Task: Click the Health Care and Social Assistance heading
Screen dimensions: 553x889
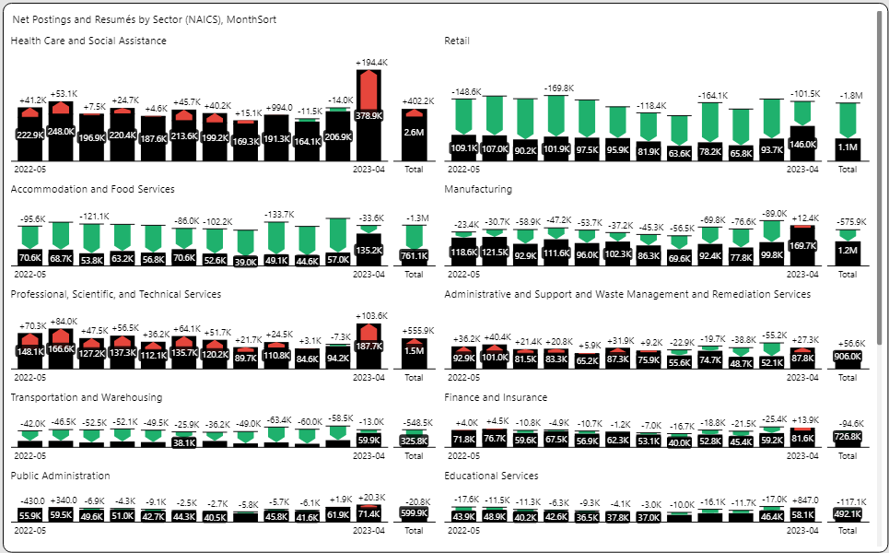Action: click(88, 41)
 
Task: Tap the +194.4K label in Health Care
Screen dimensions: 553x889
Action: click(371, 63)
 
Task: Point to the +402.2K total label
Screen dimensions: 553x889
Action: click(414, 101)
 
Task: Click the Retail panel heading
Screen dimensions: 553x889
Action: click(457, 41)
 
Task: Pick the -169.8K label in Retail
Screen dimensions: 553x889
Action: click(557, 88)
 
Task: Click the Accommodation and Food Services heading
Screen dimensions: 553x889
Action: click(92, 189)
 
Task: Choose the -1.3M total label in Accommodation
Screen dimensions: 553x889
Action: click(414, 218)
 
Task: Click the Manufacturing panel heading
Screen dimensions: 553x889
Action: click(478, 189)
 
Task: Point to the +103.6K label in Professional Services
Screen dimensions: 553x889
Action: click(371, 315)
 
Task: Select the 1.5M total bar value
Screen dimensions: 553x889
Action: click(414, 351)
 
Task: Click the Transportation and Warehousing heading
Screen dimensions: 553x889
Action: click(87, 397)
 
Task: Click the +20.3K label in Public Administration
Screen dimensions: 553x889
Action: click(371, 497)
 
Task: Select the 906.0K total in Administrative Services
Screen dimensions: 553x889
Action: click(848, 357)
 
